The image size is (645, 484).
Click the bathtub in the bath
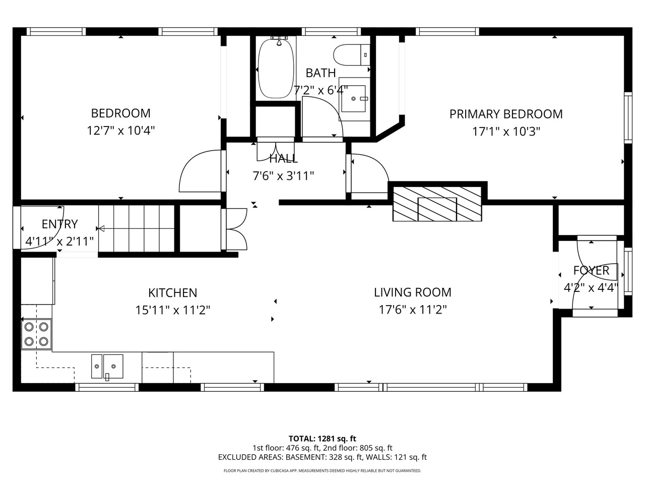[x=276, y=69]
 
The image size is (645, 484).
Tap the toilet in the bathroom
[x=351, y=55]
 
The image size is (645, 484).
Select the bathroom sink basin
[x=354, y=99]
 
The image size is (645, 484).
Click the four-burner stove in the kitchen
[x=36, y=334]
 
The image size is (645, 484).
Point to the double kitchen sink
[x=107, y=367]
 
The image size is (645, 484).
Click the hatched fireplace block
[x=437, y=203]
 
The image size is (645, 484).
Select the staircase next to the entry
[x=137, y=228]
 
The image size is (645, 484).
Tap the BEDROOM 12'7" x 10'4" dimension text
[x=121, y=131]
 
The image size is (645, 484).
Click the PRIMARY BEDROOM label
[x=506, y=114]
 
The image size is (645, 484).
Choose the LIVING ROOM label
[x=413, y=292]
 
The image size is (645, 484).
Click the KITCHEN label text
[x=172, y=293]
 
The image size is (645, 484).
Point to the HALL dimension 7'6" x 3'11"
[x=283, y=176]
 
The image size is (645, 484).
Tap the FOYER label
[x=591, y=271]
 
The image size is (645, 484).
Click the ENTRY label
[x=59, y=224]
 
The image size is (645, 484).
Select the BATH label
[x=320, y=73]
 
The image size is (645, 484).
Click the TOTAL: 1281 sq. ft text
[x=322, y=439]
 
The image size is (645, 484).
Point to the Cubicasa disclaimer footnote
[x=322, y=471]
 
